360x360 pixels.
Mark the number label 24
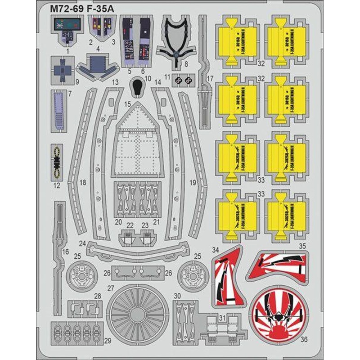coord(82,243)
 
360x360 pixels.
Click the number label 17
coord(210,78)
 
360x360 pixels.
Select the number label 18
coord(82,183)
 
